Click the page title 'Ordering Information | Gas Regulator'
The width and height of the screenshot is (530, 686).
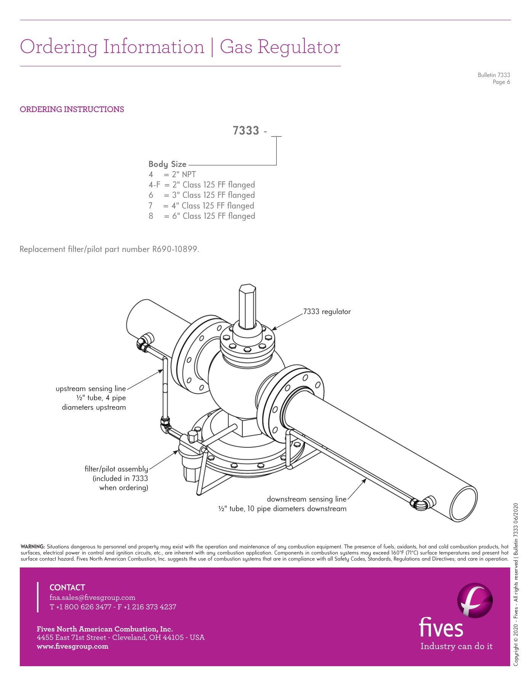(x=180, y=47)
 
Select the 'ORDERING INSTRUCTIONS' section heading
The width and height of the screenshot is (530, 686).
(x=72, y=109)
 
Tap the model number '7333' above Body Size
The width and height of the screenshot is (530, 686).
(x=246, y=131)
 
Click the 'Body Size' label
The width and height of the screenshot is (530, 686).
(x=167, y=164)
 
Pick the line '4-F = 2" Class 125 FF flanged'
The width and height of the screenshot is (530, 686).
(x=202, y=185)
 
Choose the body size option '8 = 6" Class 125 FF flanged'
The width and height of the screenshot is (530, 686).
(x=202, y=216)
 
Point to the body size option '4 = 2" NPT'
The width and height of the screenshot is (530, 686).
(x=172, y=175)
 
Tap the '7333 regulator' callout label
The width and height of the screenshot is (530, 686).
(x=327, y=312)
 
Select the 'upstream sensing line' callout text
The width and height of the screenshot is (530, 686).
(x=91, y=389)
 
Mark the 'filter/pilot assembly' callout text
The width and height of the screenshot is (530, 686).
(x=116, y=469)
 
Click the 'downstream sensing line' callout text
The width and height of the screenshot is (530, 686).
(x=306, y=499)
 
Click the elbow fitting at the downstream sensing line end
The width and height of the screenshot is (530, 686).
(x=422, y=503)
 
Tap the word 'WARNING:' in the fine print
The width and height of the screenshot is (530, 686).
(x=33, y=547)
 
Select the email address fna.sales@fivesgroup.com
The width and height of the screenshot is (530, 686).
(x=93, y=598)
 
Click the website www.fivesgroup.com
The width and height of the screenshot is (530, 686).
(x=72, y=646)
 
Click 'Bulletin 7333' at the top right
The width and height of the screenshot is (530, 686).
(x=494, y=75)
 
